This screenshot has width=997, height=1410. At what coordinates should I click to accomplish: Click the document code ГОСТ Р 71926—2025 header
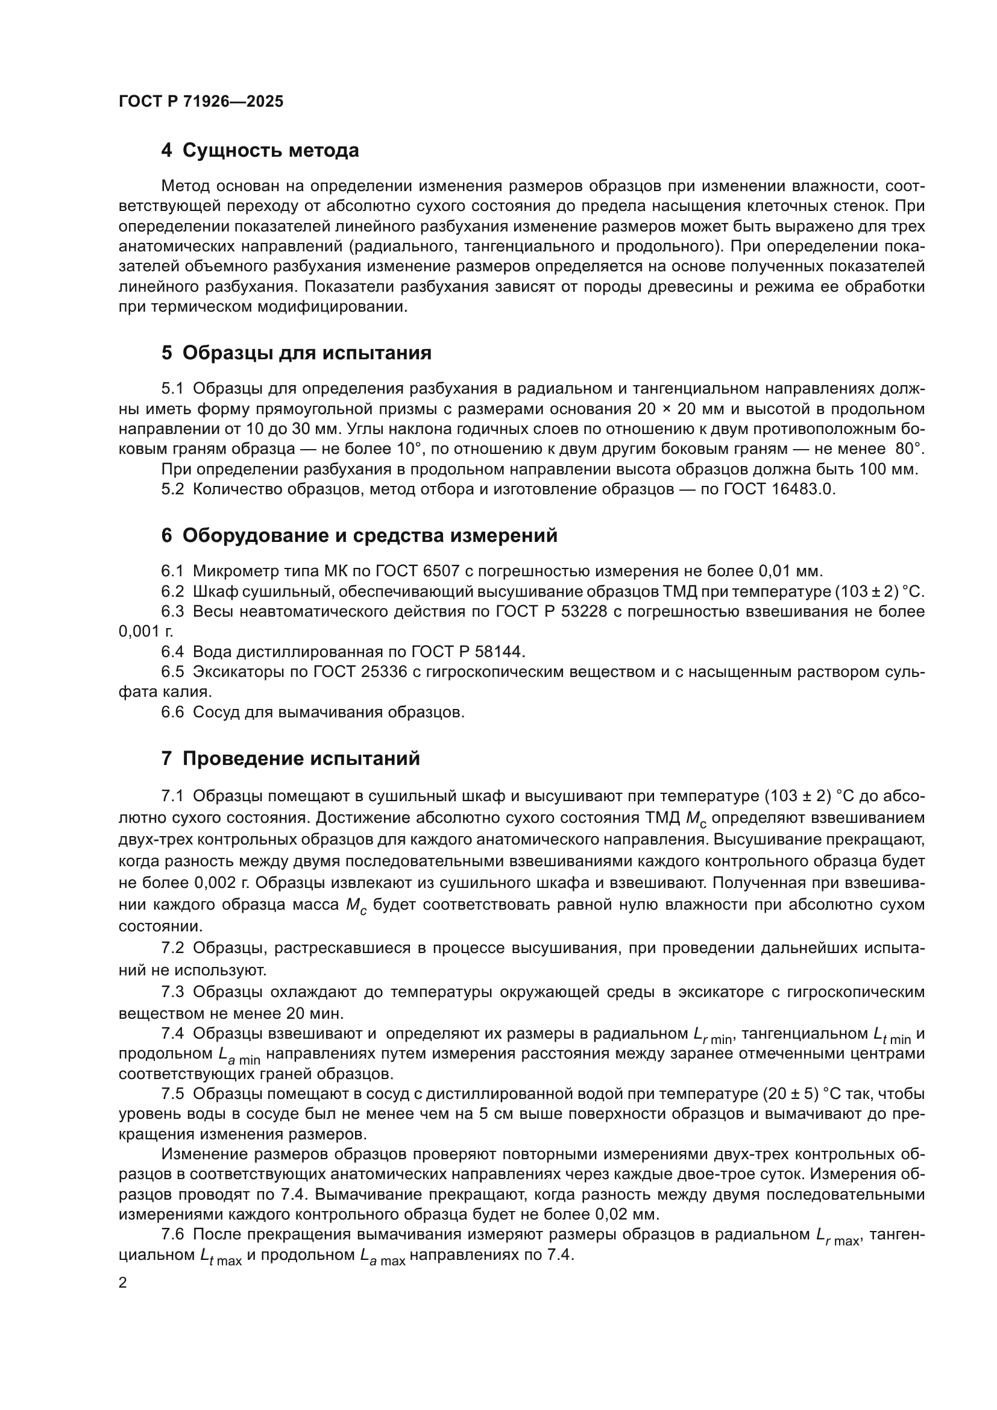[201, 101]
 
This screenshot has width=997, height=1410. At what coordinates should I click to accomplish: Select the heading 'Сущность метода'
[270, 151]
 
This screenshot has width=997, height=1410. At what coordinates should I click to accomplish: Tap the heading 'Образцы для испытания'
[307, 353]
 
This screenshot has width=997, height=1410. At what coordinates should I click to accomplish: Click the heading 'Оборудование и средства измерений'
[370, 535]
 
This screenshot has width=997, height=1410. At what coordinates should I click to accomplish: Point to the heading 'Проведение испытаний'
[301, 759]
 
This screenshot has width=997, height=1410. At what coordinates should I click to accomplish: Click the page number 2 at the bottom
[123, 1283]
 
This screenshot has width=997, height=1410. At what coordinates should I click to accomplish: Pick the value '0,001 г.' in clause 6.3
[145, 631]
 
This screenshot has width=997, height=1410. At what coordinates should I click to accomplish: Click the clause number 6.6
[172, 713]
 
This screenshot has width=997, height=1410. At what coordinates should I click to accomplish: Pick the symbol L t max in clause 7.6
[221, 1256]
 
